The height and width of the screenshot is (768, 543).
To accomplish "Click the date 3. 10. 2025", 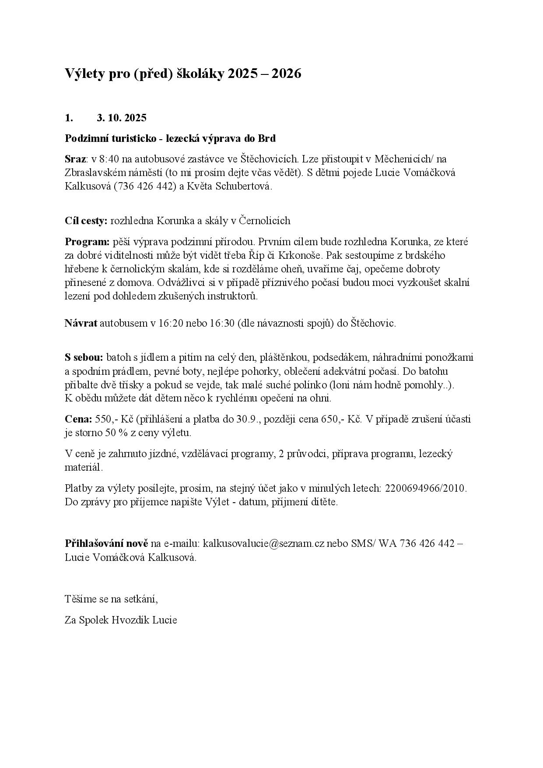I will [122, 118].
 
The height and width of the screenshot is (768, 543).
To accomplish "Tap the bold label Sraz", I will [75, 159].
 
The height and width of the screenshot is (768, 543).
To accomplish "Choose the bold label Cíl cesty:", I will [86, 221].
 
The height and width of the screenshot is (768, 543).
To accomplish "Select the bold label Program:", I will [87, 241].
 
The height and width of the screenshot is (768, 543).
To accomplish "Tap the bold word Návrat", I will [81, 323].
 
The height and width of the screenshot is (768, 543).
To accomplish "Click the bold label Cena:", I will [78, 419].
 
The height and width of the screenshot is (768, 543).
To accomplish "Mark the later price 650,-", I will [333, 419].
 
